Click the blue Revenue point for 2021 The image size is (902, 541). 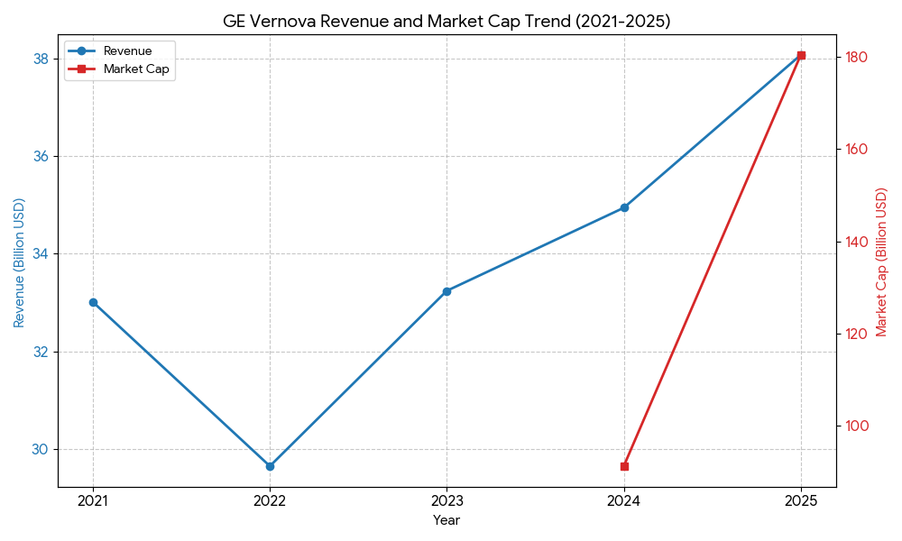[x=93, y=302]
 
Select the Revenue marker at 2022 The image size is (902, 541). [x=270, y=466]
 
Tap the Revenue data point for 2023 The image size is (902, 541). [x=446, y=291]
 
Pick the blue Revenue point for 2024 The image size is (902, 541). [x=624, y=207]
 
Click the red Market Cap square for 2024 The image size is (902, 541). [x=624, y=466]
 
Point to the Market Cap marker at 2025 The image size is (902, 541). [x=801, y=56]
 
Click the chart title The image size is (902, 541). [x=446, y=22]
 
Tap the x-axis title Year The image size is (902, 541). [x=446, y=520]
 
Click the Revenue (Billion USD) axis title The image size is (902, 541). [x=19, y=262]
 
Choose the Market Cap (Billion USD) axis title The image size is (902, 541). [x=882, y=262]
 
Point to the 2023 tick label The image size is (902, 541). [x=446, y=500]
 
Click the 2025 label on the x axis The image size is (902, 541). [x=801, y=500]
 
